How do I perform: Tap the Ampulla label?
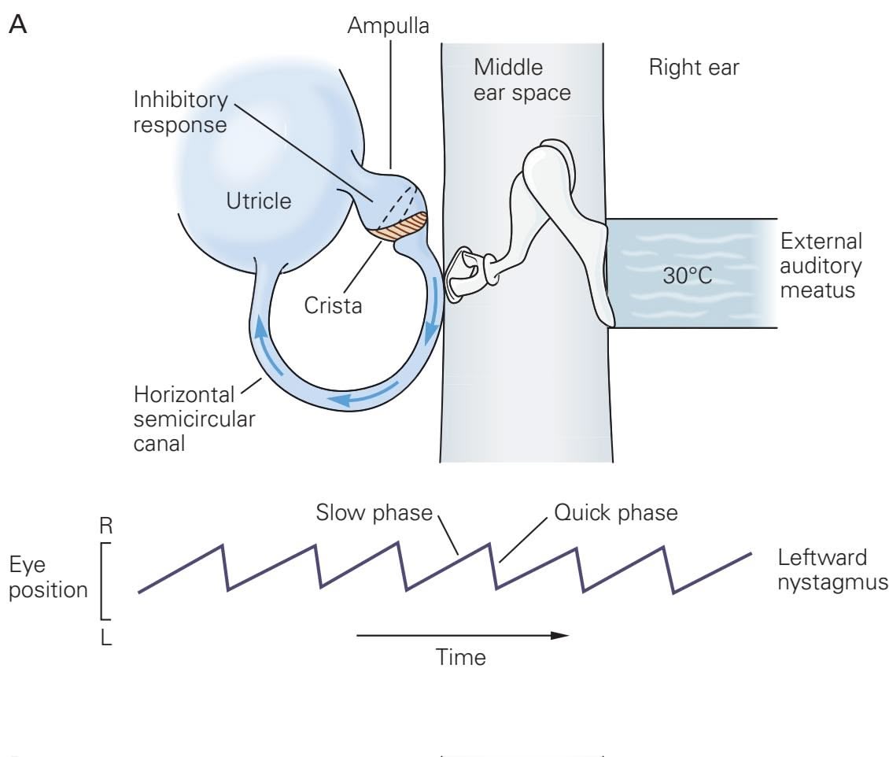(x=389, y=27)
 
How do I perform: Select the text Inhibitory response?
(x=180, y=113)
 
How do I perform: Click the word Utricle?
(x=259, y=201)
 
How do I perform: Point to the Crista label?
(x=333, y=305)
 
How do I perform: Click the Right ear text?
(x=694, y=68)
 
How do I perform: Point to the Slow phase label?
(x=374, y=513)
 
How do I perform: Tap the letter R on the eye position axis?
(x=106, y=526)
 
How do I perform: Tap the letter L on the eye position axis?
(x=106, y=637)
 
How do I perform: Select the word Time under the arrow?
(x=462, y=657)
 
